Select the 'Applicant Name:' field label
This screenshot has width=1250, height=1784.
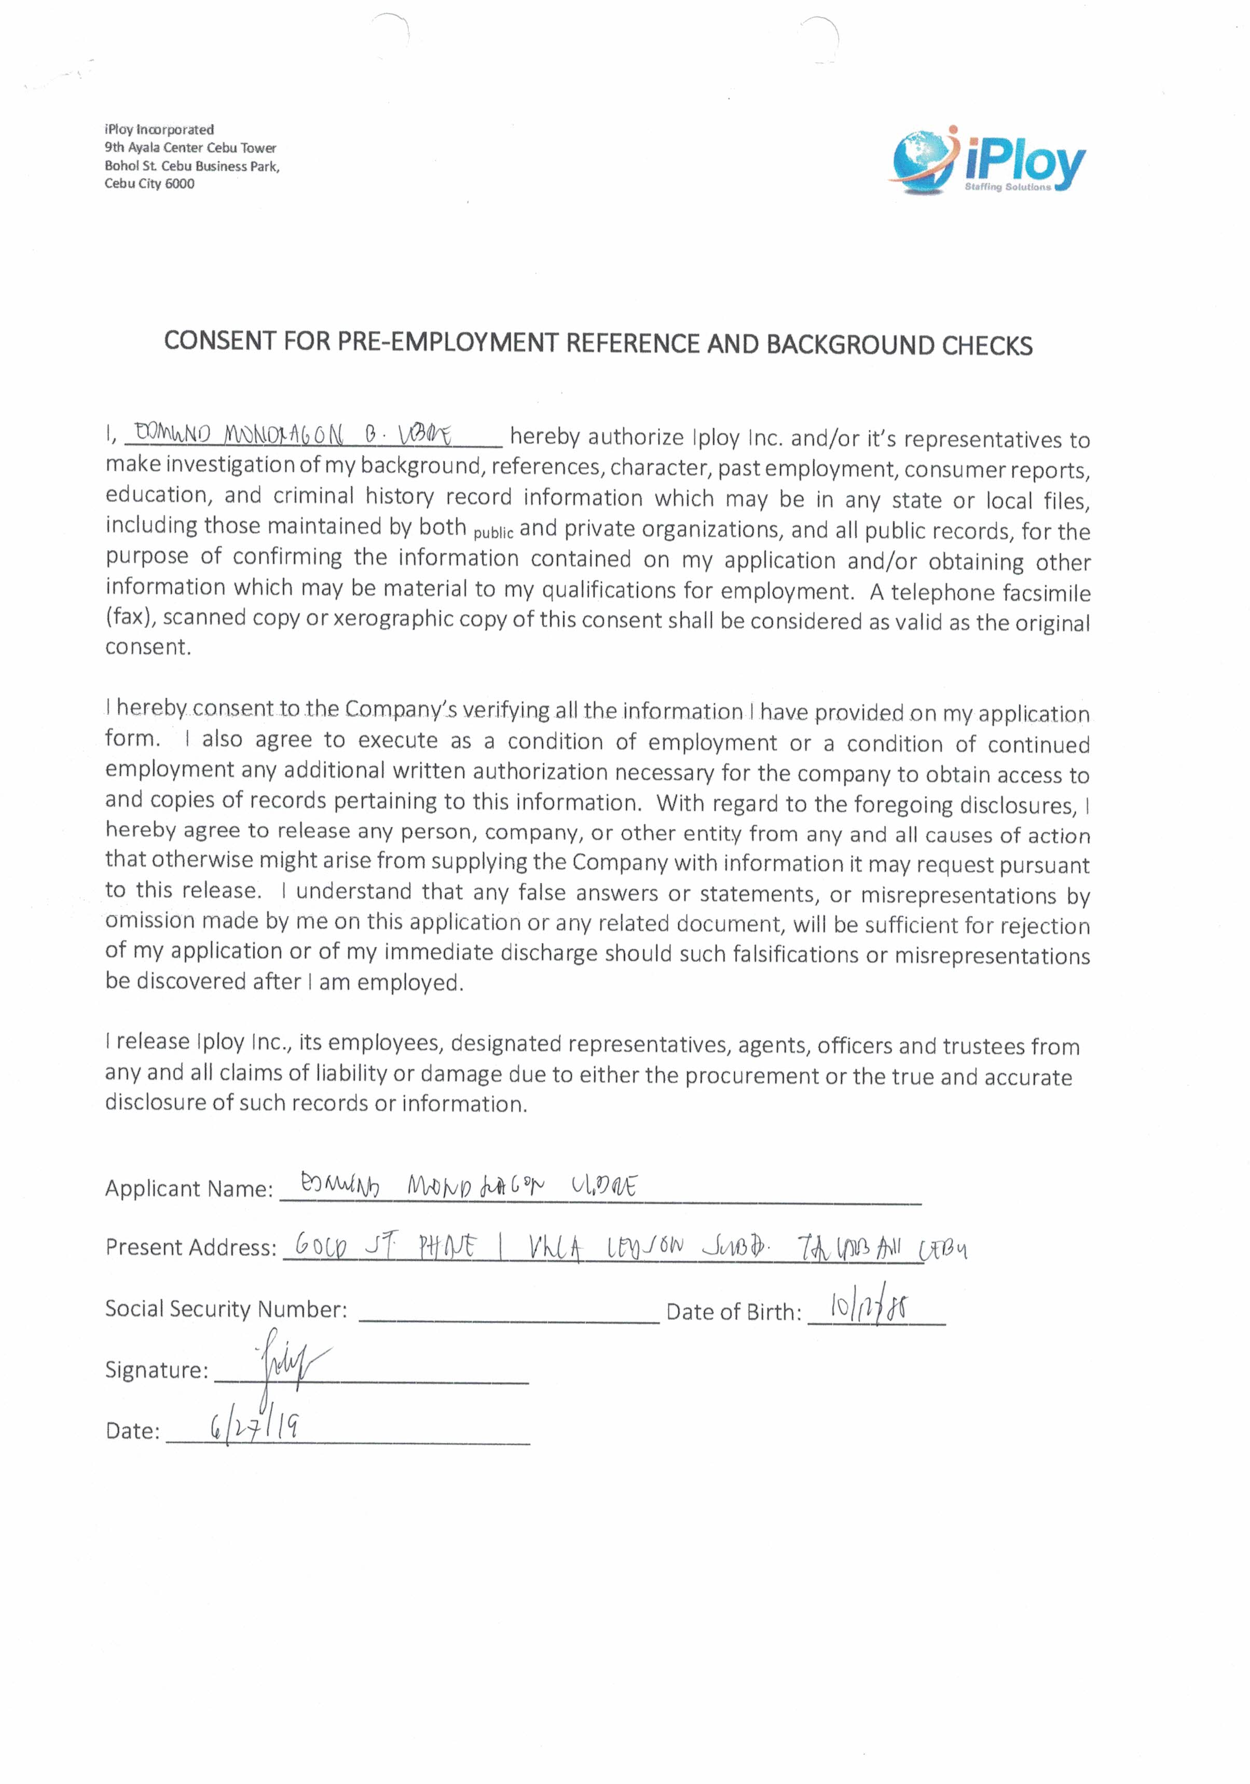coord(189,1189)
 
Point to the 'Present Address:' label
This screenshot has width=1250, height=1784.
coord(191,1247)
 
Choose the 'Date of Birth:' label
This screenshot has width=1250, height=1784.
coord(733,1312)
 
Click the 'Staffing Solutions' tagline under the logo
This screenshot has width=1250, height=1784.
coord(1007,187)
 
